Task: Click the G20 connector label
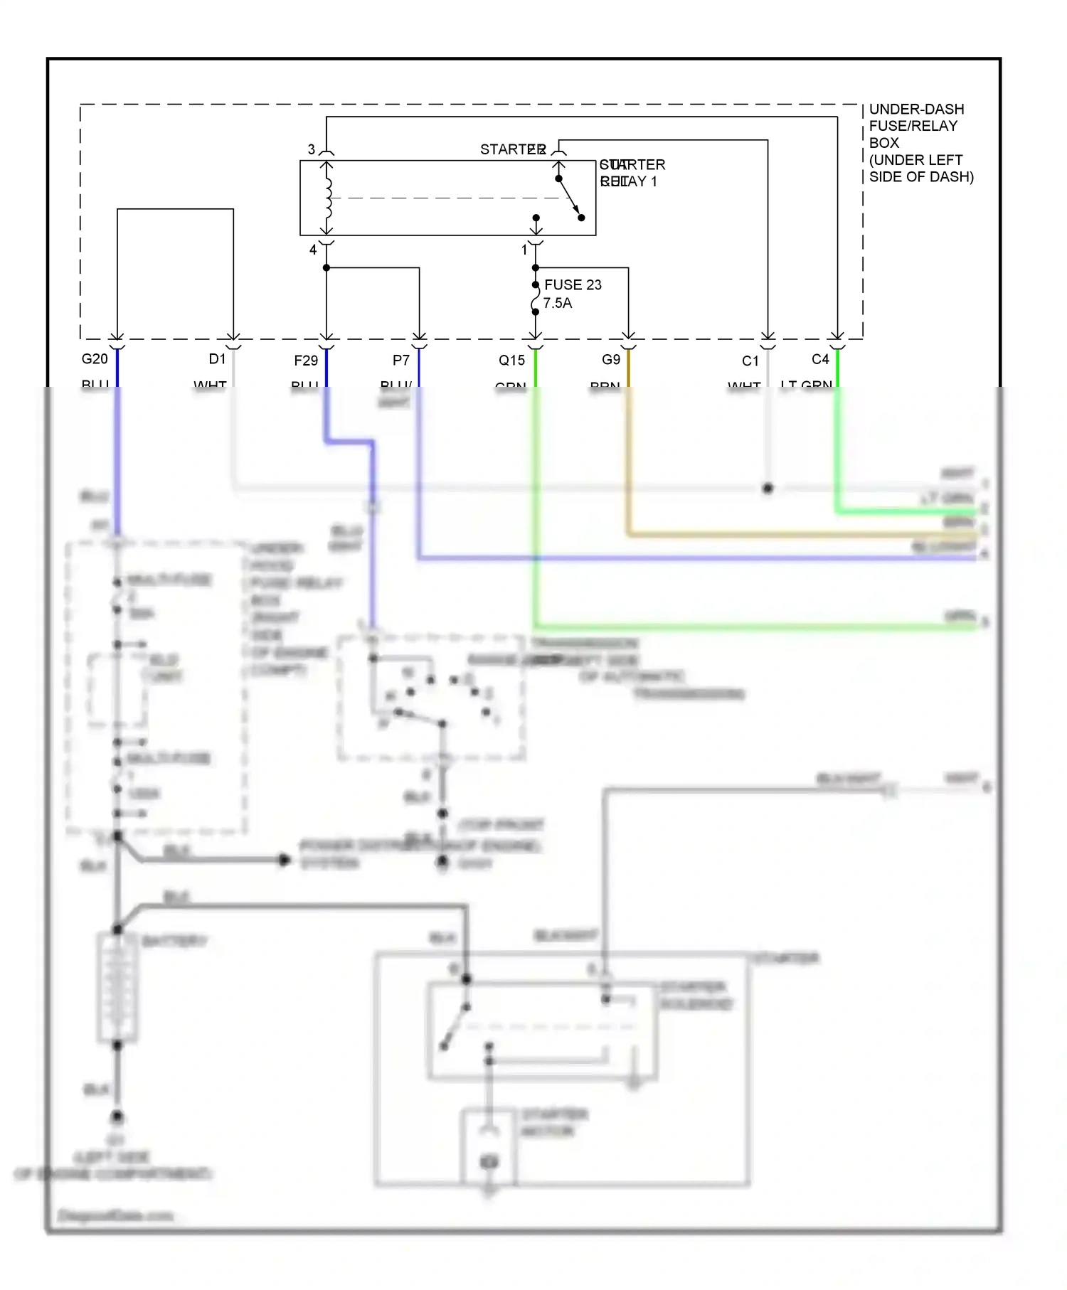pyautogui.click(x=95, y=359)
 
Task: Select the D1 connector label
pyautogui.click(x=217, y=359)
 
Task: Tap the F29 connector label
pyautogui.click(x=306, y=361)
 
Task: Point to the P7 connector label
pyautogui.click(x=401, y=361)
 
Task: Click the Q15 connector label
pyautogui.click(x=511, y=361)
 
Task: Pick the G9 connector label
pyautogui.click(x=611, y=360)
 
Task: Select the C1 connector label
pyautogui.click(x=750, y=361)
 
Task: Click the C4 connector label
pyautogui.click(x=820, y=359)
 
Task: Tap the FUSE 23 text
pyautogui.click(x=573, y=284)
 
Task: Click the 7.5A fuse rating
pyautogui.click(x=558, y=303)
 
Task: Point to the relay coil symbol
pyautogui.click(x=327, y=198)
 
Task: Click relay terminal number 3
pyautogui.click(x=311, y=149)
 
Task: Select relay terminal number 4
pyautogui.click(x=312, y=250)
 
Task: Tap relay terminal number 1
pyautogui.click(x=524, y=250)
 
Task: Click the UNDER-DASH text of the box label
pyautogui.click(x=916, y=110)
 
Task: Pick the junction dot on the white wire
pyautogui.click(x=768, y=489)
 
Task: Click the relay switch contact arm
pyautogui.click(x=570, y=198)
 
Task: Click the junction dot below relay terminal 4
pyautogui.click(x=327, y=268)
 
